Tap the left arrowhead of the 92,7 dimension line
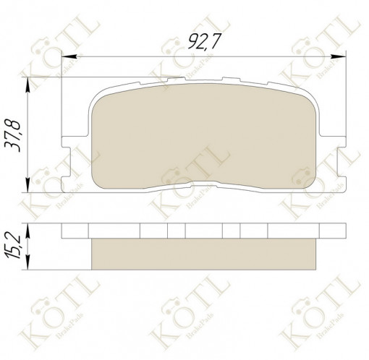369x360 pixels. pos(67,56)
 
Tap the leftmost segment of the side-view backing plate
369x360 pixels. pos(75,231)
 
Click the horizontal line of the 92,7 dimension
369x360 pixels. pos(145,56)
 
